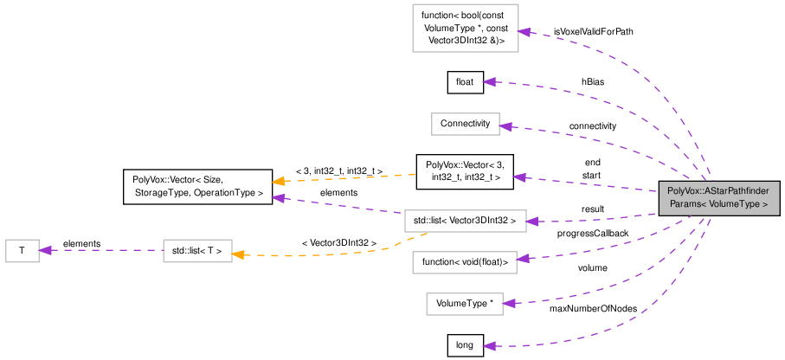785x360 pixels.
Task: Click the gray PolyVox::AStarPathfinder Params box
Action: [719, 198]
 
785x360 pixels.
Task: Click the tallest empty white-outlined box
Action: [465, 28]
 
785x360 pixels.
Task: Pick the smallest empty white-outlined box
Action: [23, 251]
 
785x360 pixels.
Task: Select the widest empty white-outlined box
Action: [465, 221]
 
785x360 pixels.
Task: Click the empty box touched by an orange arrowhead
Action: [197, 251]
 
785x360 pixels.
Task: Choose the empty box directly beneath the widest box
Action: [464, 262]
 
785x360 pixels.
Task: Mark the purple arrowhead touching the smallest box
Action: [46, 250]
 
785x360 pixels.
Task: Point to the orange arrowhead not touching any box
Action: [278, 181]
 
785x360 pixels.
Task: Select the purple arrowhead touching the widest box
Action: [532, 222]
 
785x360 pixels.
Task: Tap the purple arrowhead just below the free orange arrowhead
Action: [278, 198]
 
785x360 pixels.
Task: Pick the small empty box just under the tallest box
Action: [466, 124]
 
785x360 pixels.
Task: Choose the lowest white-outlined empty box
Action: [464, 304]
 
